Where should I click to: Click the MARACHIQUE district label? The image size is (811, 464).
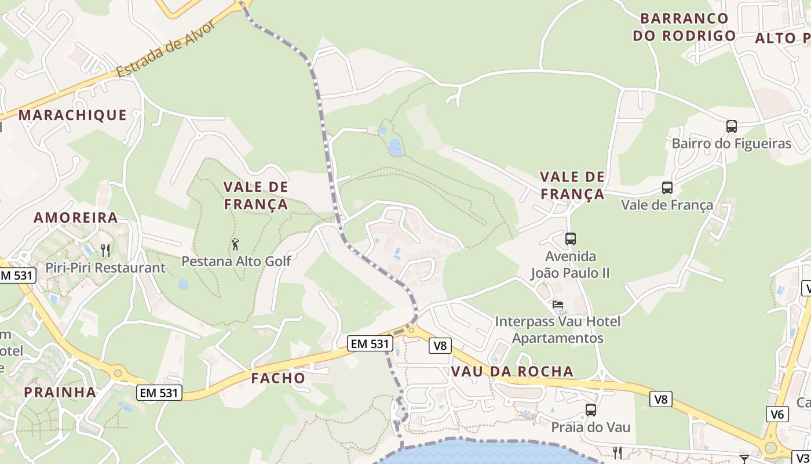click(72, 115)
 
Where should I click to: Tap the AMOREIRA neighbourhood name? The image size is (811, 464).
click(76, 218)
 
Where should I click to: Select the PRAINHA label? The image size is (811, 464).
click(60, 392)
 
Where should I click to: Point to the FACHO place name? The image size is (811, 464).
click(278, 378)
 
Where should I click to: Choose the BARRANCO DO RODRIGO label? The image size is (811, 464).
click(684, 27)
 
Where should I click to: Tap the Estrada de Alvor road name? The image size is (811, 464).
click(166, 49)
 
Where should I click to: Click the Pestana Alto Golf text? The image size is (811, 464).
click(236, 261)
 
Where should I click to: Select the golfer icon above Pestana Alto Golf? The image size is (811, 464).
click(235, 244)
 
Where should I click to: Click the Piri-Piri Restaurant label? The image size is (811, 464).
click(105, 268)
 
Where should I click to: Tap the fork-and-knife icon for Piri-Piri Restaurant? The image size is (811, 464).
click(105, 250)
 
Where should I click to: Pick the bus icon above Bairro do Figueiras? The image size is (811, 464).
click(732, 126)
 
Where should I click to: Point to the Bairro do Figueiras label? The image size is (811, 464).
click(732, 143)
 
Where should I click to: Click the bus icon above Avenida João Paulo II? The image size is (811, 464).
click(571, 238)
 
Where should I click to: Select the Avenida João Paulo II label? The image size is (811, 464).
click(571, 264)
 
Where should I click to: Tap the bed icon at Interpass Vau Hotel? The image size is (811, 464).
click(558, 304)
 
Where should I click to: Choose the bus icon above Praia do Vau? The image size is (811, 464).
click(591, 410)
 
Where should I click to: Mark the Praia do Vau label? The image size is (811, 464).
click(591, 427)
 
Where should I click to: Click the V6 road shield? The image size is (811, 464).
click(777, 414)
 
